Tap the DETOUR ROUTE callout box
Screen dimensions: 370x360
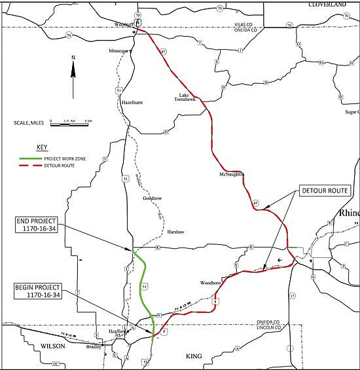pos(325,191)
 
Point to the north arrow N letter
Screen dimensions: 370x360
pos(73,58)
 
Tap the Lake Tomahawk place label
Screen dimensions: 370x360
pos(185,96)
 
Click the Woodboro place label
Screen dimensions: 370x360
pos(212,283)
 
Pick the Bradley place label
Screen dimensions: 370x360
pos(95,346)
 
